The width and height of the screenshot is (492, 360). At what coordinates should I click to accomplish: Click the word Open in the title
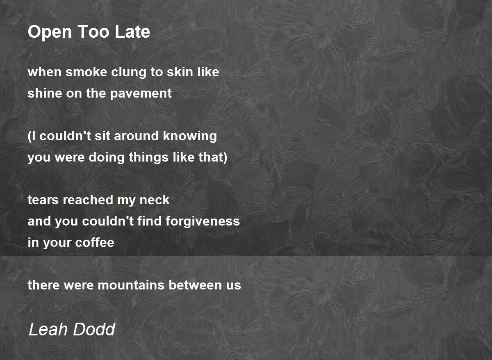[50, 32]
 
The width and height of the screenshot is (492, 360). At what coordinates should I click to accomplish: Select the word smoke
[87, 72]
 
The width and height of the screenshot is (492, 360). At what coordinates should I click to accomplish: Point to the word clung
[129, 73]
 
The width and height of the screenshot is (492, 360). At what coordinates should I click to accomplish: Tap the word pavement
[141, 94]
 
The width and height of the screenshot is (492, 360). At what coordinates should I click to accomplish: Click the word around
[136, 136]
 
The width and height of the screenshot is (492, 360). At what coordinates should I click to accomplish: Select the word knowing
[190, 137]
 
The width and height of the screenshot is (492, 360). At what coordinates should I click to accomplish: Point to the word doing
[107, 158]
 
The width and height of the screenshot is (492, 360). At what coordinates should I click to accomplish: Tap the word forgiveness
[203, 221]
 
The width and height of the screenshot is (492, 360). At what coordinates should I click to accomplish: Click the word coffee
[95, 242]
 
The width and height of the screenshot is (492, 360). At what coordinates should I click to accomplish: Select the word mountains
[131, 285]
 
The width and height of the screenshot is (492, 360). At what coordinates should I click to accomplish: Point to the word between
[195, 285]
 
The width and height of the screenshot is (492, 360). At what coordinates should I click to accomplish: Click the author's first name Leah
[48, 329]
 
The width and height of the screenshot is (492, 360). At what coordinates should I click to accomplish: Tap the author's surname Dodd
[94, 329]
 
